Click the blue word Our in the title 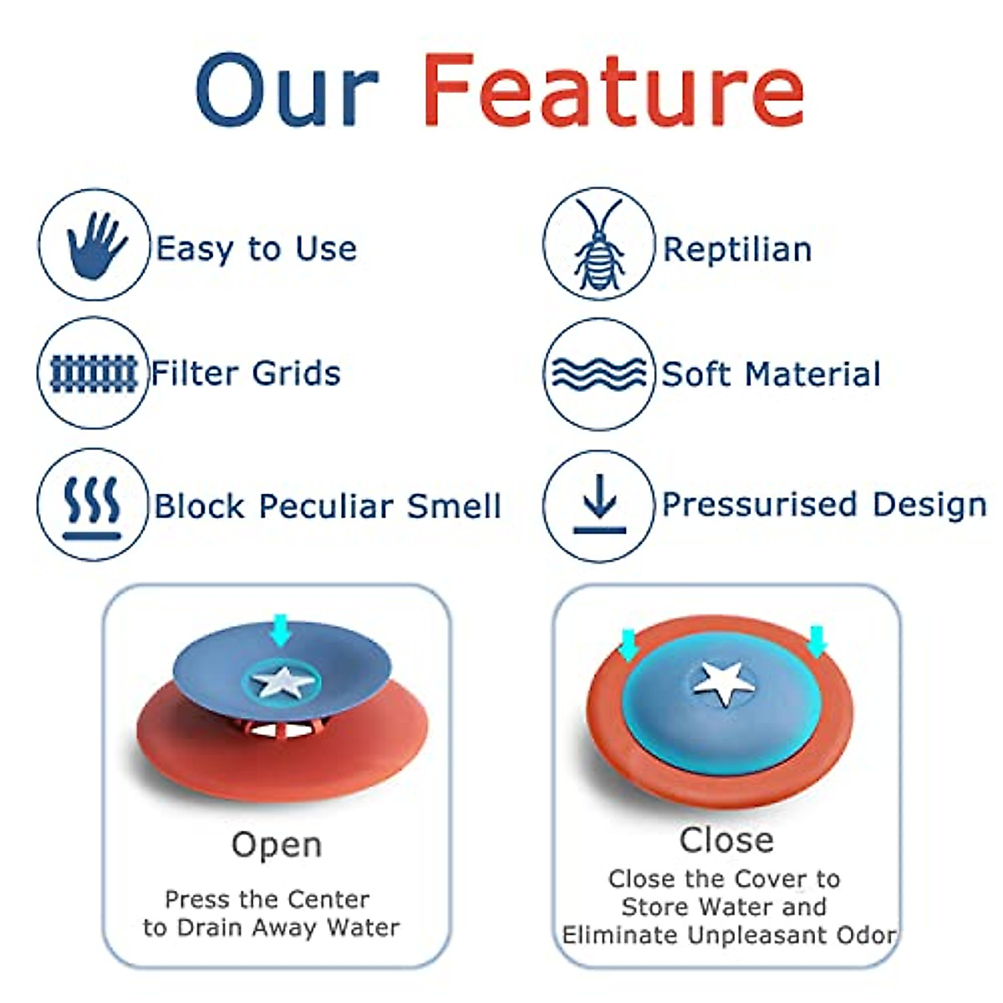pyautogui.click(x=287, y=89)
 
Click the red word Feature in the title pyautogui.click(x=614, y=89)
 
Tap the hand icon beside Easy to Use pyautogui.click(x=96, y=245)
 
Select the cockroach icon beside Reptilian pyautogui.click(x=599, y=244)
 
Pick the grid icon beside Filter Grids pyautogui.click(x=94, y=374)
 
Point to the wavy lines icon pyautogui.click(x=599, y=374)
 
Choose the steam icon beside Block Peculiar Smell pyautogui.click(x=92, y=508)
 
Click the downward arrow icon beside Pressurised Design pyautogui.click(x=599, y=504)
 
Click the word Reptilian pyautogui.click(x=737, y=249)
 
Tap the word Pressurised pyautogui.click(x=760, y=504)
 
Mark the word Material pyautogui.click(x=812, y=374)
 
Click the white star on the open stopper pyautogui.click(x=283, y=681)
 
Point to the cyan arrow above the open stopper pyautogui.click(x=281, y=630)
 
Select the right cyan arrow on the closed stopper pyautogui.click(x=817, y=641)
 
